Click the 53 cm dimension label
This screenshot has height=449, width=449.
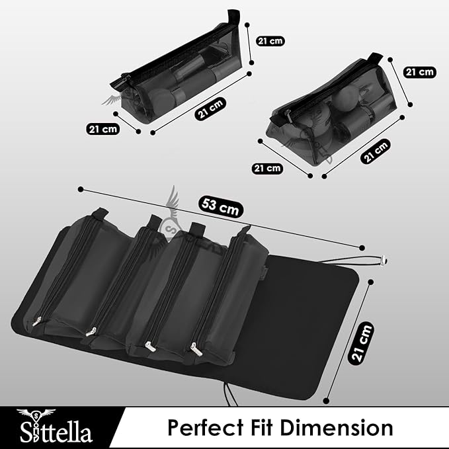click(220, 208)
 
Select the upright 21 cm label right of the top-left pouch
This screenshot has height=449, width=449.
click(268, 41)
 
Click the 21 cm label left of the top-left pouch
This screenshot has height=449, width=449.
click(102, 129)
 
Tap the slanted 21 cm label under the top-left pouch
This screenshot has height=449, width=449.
click(211, 108)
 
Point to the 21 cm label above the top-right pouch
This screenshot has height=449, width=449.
click(419, 71)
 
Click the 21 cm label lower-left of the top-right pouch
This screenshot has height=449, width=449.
click(266, 169)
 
